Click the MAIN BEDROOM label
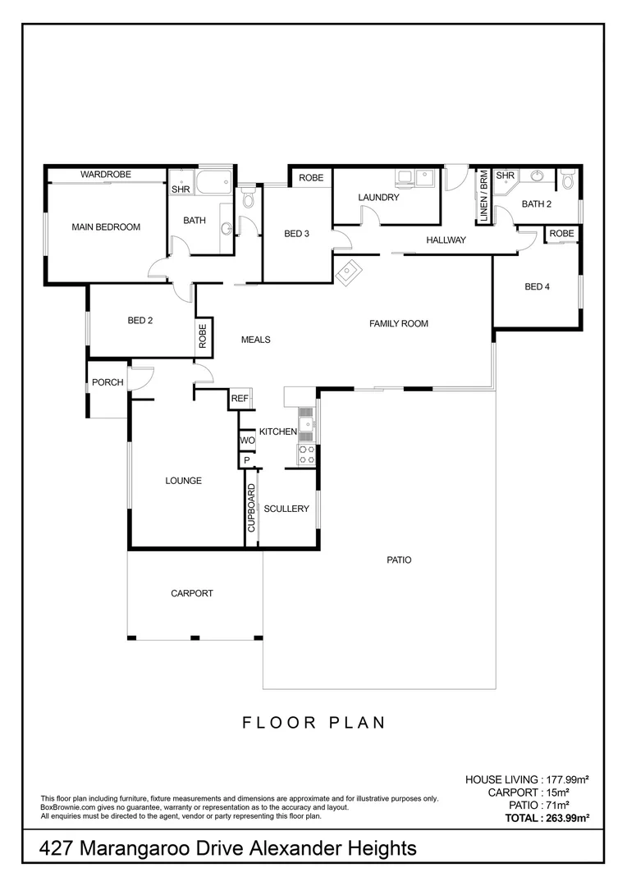pyautogui.click(x=106, y=227)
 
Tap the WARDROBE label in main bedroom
pyautogui.click(x=106, y=175)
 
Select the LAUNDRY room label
pyautogui.click(x=378, y=198)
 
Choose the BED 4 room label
pyautogui.click(x=537, y=286)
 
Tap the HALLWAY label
pyautogui.click(x=446, y=240)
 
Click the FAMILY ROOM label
pyautogui.click(x=399, y=324)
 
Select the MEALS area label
pyautogui.click(x=255, y=340)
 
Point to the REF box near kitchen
pyautogui.click(x=240, y=399)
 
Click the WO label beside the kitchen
pyautogui.click(x=247, y=441)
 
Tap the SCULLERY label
pyautogui.click(x=286, y=509)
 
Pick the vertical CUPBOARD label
pyautogui.click(x=252, y=509)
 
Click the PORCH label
pyautogui.click(x=108, y=382)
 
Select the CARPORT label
pyautogui.click(x=192, y=593)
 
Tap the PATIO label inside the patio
pyautogui.click(x=399, y=560)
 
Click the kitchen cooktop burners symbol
pyautogui.click(x=306, y=454)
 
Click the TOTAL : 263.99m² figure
pyautogui.click(x=547, y=818)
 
